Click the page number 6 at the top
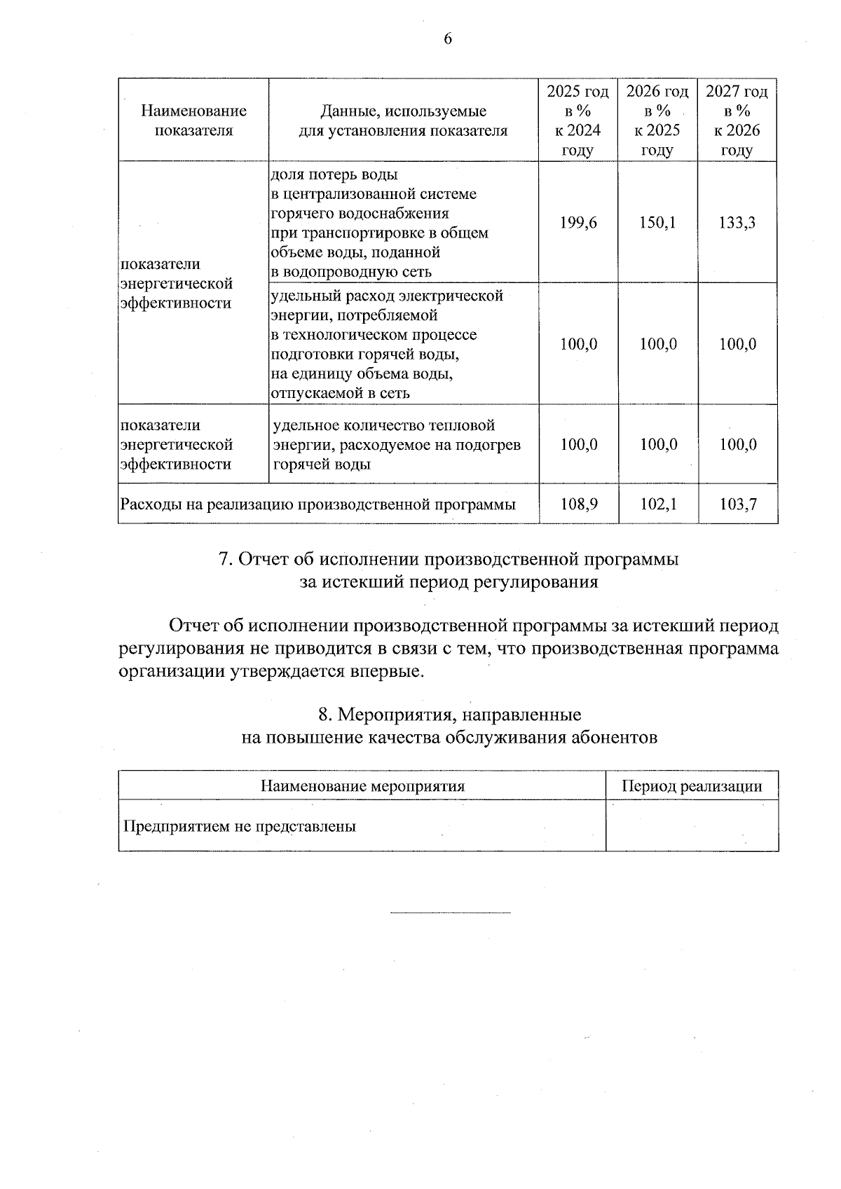tap(448, 39)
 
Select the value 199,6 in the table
tap(579, 223)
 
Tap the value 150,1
tap(658, 223)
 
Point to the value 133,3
tap(737, 223)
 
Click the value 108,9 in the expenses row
tap(579, 504)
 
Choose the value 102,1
tap(658, 504)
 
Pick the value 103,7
tap(738, 504)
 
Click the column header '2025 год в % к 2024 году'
tap(578, 121)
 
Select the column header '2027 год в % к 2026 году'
tap(737, 121)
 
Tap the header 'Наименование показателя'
tap(193, 121)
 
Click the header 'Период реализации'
tap(692, 786)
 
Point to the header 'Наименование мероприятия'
tap(362, 786)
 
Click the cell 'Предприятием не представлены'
tap(240, 826)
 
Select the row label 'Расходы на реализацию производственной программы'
tap(318, 504)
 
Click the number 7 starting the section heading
tap(225, 560)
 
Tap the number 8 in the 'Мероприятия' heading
tap(324, 715)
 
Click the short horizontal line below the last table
tap(450, 913)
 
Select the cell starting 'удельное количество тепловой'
tap(397, 444)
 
